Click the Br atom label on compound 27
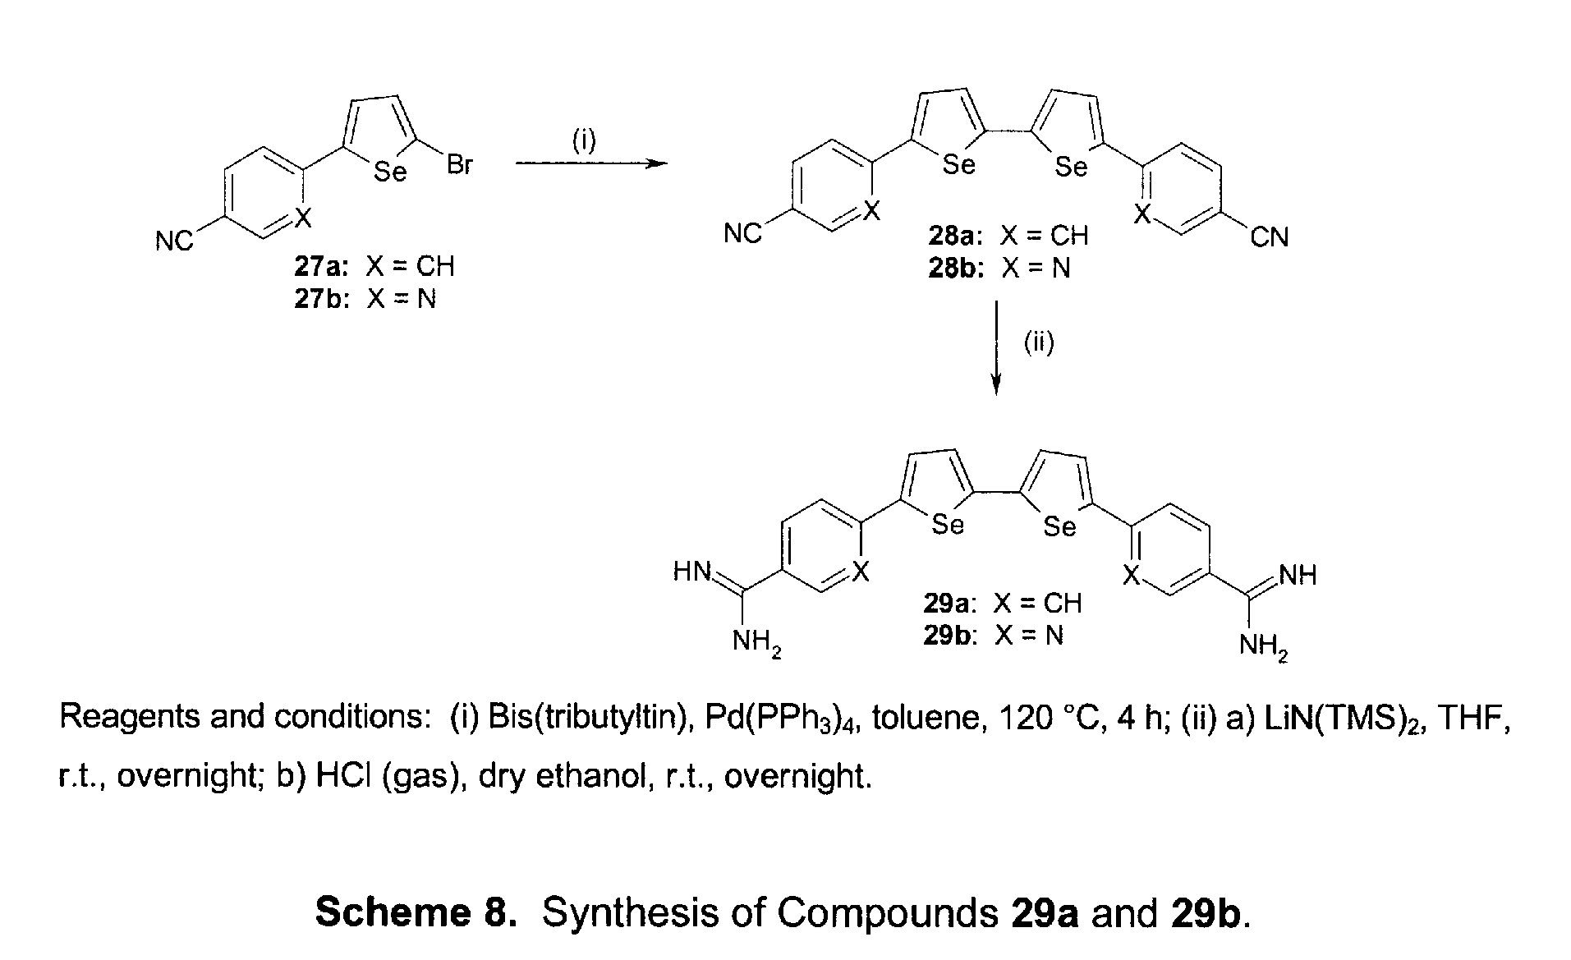coord(460,164)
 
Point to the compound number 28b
coord(955,269)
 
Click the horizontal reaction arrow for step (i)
coord(591,163)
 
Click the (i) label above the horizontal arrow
coord(583,140)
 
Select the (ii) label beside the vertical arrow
coord(1038,342)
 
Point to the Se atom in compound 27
coord(390,172)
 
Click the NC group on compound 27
coord(174,241)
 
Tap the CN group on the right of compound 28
coord(1270,237)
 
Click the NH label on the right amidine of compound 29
coord(1298,575)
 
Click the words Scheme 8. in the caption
coord(416,912)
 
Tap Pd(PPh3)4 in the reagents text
coord(779,719)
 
